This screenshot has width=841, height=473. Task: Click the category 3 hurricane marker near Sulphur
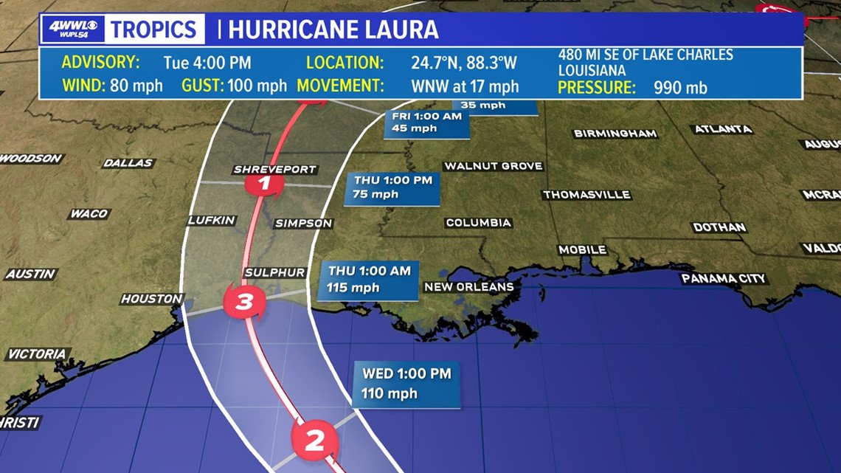(244, 301)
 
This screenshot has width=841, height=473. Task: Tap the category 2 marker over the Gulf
(315, 441)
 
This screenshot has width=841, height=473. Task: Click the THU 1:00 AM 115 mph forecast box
(369, 280)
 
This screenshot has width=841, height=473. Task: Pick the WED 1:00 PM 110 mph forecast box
(406, 383)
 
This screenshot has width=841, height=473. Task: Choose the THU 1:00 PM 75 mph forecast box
(393, 187)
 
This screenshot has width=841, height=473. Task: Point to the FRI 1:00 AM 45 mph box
(426, 122)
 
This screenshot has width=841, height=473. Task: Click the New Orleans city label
(468, 286)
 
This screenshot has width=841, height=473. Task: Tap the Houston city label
(152, 299)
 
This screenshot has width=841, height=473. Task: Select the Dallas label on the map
(128, 163)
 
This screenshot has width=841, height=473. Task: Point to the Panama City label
(724, 278)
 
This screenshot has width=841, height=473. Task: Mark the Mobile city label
(582, 250)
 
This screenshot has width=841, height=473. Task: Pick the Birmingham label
(615, 134)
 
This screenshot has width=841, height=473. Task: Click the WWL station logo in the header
(73, 30)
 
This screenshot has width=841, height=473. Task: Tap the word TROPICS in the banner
(154, 30)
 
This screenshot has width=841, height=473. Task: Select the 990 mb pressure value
(680, 88)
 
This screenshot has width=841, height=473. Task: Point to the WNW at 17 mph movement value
(465, 86)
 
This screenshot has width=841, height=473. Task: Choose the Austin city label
(31, 274)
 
